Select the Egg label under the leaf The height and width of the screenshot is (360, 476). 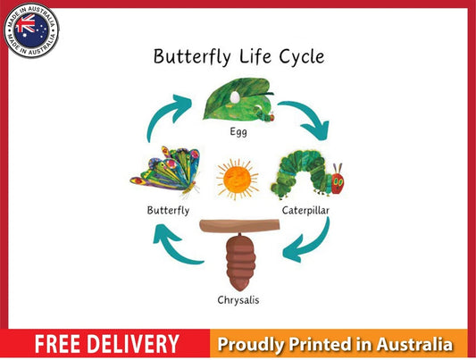pyautogui.click(x=238, y=131)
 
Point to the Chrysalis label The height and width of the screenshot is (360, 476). pyautogui.click(x=238, y=299)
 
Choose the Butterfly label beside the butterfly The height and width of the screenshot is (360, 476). pyautogui.click(x=168, y=211)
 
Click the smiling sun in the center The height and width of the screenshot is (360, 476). pyautogui.click(x=238, y=179)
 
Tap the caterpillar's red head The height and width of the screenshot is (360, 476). pyautogui.click(x=338, y=181)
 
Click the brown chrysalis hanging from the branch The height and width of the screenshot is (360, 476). pyautogui.click(x=238, y=259)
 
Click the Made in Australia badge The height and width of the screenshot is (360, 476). pyautogui.click(x=31, y=31)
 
